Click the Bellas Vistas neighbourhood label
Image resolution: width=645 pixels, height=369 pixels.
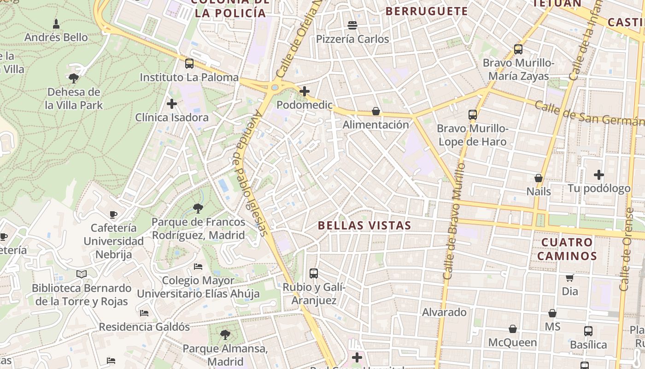[x=364, y=226]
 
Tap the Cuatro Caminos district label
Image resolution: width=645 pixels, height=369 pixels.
[x=567, y=249]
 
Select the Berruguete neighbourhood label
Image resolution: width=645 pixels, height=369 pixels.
[x=426, y=11]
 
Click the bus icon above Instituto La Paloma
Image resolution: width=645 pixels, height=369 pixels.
[x=189, y=64]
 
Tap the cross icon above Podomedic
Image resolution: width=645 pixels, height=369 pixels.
[x=304, y=91]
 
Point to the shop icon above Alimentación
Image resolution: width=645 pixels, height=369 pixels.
[x=376, y=111]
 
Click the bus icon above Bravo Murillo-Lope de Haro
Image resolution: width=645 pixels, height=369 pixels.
[x=472, y=115]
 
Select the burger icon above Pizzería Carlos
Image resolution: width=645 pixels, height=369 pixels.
[x=352, y=25]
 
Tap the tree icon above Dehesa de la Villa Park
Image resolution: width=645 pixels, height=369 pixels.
[x=74, y=78]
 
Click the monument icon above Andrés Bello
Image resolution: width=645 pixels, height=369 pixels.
[x=56, y=24]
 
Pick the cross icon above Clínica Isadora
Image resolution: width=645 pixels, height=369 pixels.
[x=172, y=104]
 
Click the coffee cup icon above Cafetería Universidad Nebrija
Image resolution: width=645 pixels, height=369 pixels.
[x=113, y=214]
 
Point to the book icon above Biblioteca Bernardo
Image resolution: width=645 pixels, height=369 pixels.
[x=82, y=274]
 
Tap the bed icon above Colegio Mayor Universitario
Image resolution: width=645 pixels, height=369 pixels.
[x=198, y=267]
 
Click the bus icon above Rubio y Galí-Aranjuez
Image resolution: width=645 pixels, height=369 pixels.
[x=314, y=274]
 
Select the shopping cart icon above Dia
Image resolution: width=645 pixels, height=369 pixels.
[x=570, y=278]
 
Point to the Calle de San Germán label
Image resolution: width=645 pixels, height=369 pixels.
[x=590, y=114]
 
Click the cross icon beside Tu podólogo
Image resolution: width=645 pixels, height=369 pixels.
[x=599, y=175]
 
